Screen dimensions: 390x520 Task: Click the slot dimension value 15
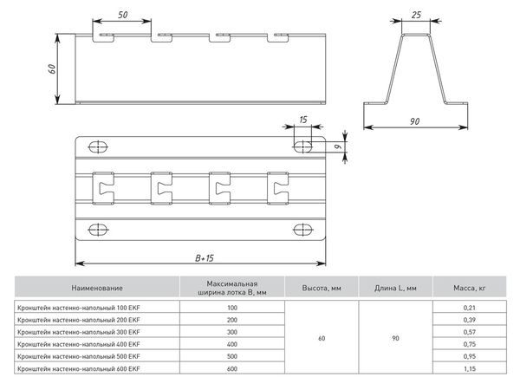click(302, 121)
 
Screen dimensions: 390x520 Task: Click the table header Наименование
click(97, 289)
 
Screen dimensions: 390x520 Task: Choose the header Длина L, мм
click(397, 288)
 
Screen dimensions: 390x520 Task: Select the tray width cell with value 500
click(231, 357)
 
